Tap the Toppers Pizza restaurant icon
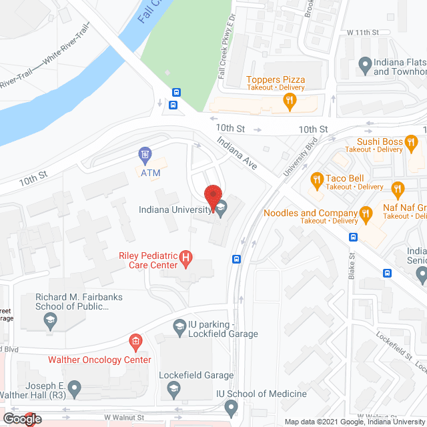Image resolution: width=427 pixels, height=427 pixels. click(289, 101)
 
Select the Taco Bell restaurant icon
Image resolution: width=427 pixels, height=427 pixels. click(317, 179)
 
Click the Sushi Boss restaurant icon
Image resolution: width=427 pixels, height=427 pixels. click(412, 141)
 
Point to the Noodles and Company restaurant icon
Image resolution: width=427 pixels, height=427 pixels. click(365, 213)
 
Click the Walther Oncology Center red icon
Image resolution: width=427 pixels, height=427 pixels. click(135, 343)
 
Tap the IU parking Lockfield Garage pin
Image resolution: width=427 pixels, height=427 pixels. click(179, 326)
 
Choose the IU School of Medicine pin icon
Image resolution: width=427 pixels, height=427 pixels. click(232, 406)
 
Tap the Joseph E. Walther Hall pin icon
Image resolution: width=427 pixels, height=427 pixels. click(75, 386)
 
